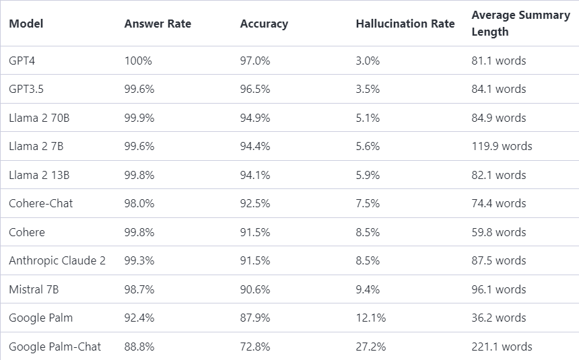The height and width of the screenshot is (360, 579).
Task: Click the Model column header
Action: (x=26, y=24)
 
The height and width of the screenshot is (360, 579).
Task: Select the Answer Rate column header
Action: (x=158, y=24)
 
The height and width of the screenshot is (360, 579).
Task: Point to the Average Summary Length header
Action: (x=520, y=23)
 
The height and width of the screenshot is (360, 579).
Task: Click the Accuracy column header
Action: (x=264, y=24)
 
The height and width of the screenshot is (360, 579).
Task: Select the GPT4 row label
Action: (x=22, y=61)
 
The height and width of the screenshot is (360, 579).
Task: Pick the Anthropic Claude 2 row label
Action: (x=57, y=260)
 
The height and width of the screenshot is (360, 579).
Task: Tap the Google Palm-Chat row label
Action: (x=55, y=347)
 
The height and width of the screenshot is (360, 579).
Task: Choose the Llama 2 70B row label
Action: (x=39, y=118)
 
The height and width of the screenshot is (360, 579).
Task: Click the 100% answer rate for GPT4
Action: (x=138, y=61)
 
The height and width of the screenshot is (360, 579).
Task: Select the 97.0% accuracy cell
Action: (x=255, y=61)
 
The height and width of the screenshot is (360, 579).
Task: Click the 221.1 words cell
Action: (x=502, y=347)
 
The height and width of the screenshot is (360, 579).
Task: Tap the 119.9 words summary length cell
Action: (x=502, y=146)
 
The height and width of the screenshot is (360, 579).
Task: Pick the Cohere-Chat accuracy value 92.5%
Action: (x=255, y=203)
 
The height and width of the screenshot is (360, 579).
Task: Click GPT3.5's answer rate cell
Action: (x=139, y=89)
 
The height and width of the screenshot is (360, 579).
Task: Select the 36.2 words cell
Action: (x=499, y=318)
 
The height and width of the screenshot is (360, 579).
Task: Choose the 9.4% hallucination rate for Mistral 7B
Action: (x=368, y=289)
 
